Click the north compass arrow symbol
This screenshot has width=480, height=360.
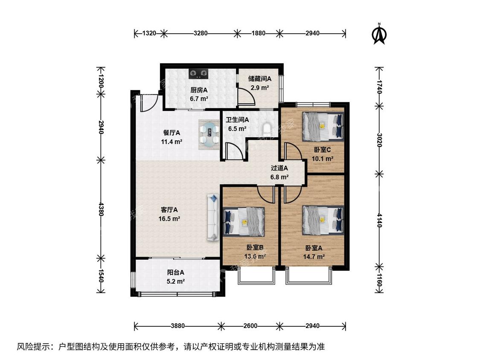point(379,34)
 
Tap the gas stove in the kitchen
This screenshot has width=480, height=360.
point(199,73)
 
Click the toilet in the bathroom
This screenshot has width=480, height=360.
point(267,130)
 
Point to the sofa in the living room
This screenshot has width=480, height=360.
point(213,218)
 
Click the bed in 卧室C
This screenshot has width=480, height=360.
point(323,126)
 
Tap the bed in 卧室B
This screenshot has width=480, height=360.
point(244,222)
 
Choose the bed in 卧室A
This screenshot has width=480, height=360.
point(323,220)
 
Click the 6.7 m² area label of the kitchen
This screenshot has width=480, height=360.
point(199,99)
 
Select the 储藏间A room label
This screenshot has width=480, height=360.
point(259,78)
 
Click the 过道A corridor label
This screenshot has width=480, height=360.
point(279,168)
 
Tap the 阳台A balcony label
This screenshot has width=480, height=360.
point(175,272)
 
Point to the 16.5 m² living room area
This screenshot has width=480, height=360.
point(169,219)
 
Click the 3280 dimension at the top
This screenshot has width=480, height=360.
point(201,33)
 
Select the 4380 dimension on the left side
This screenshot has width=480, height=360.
point(101,209)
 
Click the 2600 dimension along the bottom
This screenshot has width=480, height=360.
point(250,326)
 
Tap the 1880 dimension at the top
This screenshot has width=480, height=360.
point(259,33)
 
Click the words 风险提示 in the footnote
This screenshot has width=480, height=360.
point(34,346)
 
